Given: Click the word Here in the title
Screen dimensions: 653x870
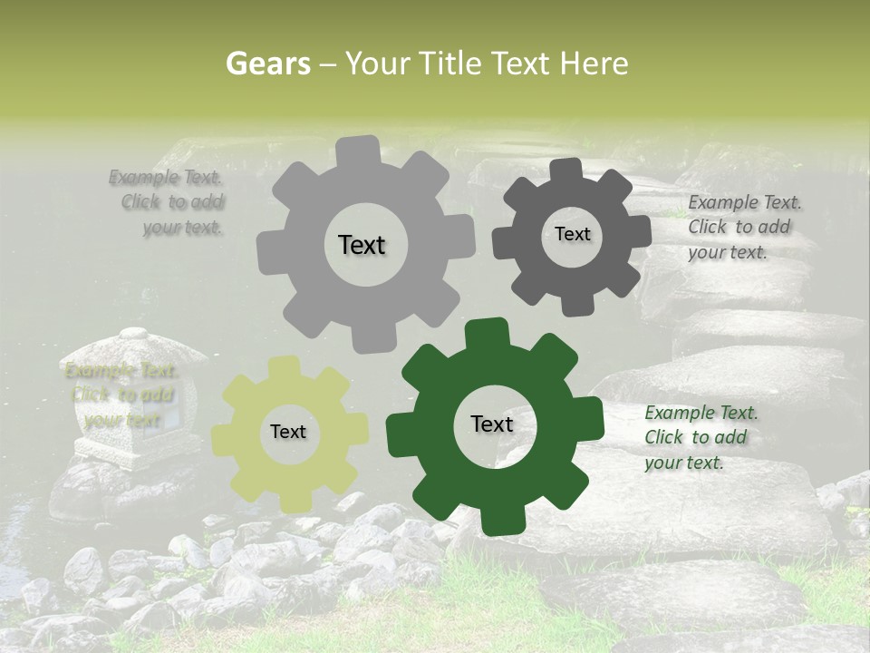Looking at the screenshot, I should (x=594, y=63).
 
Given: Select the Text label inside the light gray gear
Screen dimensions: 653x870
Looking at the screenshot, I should (x=362, y=245).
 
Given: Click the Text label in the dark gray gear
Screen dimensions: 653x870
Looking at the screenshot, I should (x=572, y=234).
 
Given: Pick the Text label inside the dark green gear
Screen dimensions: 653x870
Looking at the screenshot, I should (x=492, y=424).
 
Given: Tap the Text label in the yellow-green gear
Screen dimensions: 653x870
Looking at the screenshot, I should (x=288, y=433).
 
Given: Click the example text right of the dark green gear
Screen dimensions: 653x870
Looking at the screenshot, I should (x=701, y=437).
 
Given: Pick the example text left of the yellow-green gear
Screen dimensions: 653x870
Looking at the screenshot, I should (x=122, y=395).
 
